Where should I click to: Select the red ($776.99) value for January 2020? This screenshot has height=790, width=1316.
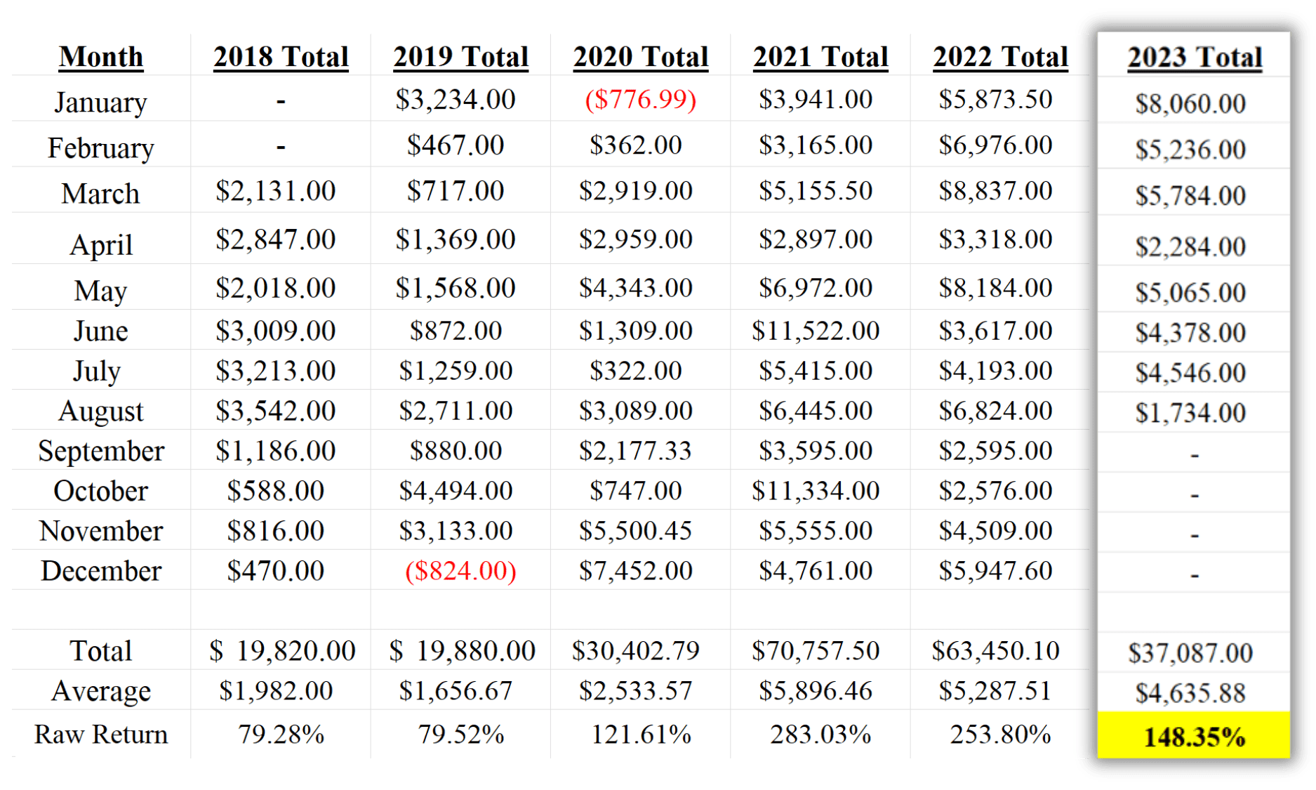click(640, 100)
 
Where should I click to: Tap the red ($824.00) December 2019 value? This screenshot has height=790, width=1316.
click(460, 571)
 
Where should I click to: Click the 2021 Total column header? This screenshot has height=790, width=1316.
click(820, 57)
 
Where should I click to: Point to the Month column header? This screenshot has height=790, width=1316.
click(101, 57)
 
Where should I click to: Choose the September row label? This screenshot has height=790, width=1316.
click(101, 451)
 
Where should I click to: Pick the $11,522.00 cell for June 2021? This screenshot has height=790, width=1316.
click(816, 331)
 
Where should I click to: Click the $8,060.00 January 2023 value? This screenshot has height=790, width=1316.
click(1190, 104)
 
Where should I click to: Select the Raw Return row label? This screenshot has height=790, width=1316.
click(101, 735)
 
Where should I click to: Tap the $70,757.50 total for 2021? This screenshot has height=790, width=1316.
click(816, 651)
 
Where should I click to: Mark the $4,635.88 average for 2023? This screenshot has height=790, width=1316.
click(1190, 693)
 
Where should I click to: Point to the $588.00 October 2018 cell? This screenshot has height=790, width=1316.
click(275, 491)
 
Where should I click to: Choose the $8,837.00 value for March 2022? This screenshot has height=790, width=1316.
click(995, 191)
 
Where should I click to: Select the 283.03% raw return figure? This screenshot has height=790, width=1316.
click(820, 735)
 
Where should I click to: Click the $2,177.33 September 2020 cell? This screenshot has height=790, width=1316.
click(635, 451)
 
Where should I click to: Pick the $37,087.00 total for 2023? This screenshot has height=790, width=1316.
click(1190, 653)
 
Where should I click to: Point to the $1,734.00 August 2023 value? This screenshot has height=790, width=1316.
click(1190, 413)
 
